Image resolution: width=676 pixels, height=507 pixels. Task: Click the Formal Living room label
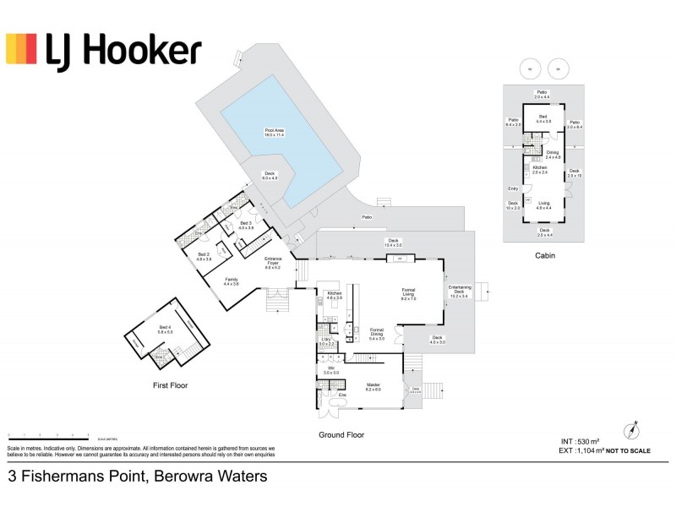click(x=408, y=294)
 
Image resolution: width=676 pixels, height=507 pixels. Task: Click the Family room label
click(x=232, y=281)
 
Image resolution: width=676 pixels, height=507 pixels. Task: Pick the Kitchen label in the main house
click(x=334, y=297)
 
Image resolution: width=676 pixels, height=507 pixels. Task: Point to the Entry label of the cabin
click(x=513, y=188)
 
